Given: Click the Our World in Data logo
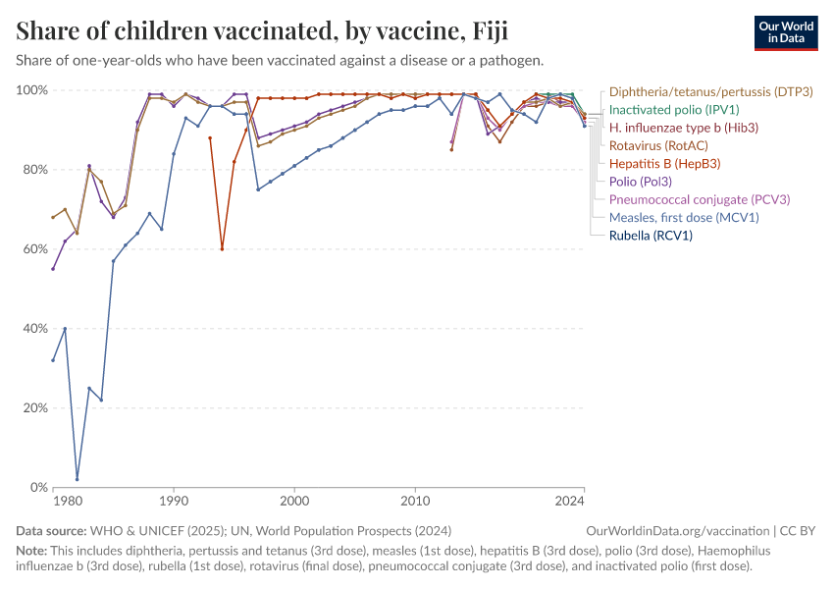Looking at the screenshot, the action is point(786,33).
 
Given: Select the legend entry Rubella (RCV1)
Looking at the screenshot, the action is point(651,236).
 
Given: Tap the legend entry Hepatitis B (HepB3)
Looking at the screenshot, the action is point(665,164).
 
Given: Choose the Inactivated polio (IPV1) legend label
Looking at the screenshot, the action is point(674,110).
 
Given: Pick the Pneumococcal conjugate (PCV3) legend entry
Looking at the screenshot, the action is point(700,199).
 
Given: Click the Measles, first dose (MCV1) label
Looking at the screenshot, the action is point(684,218).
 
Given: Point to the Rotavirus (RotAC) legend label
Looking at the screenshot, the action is point(658,146).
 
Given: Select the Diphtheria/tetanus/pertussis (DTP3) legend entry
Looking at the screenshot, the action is point(711,92).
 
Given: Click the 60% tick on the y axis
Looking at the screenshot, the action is point(35,249).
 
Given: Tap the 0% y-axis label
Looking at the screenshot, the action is point(38,487).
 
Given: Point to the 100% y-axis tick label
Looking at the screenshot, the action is point(32,90).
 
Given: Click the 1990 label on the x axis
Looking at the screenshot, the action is point(174,502).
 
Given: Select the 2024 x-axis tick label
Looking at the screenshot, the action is point(570,502).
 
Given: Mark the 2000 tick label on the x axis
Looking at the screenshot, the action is point(294,502).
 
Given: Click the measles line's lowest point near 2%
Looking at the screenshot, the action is point(78,479).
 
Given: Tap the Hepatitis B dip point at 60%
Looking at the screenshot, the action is point(222,249).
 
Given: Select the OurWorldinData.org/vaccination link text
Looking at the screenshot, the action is point(678,531).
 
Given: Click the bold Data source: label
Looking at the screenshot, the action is point(51,531).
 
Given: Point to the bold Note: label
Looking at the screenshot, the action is point(31,550).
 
